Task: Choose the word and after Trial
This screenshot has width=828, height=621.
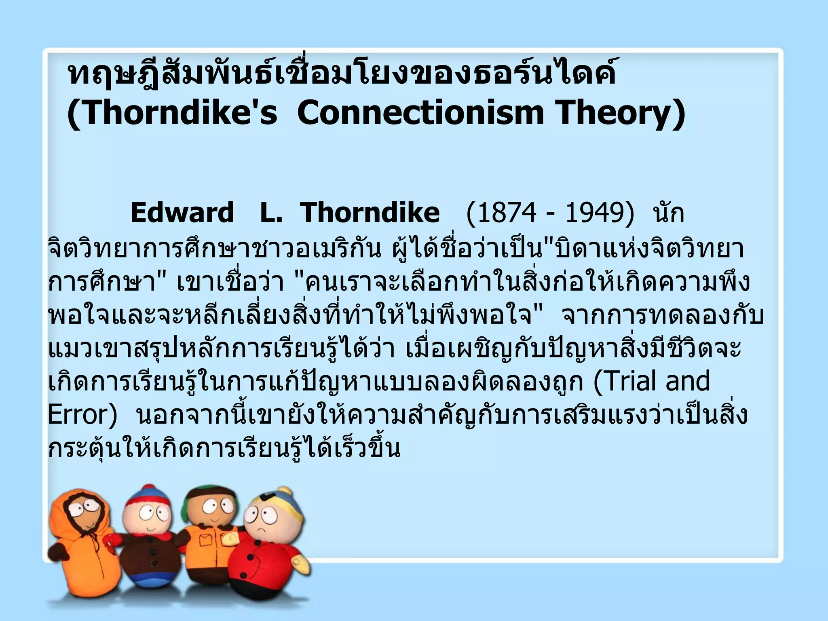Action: pyautogui.click(x=687, y=381)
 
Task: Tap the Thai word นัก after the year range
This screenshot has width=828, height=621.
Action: pyautogui.click(x=669, y=213)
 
